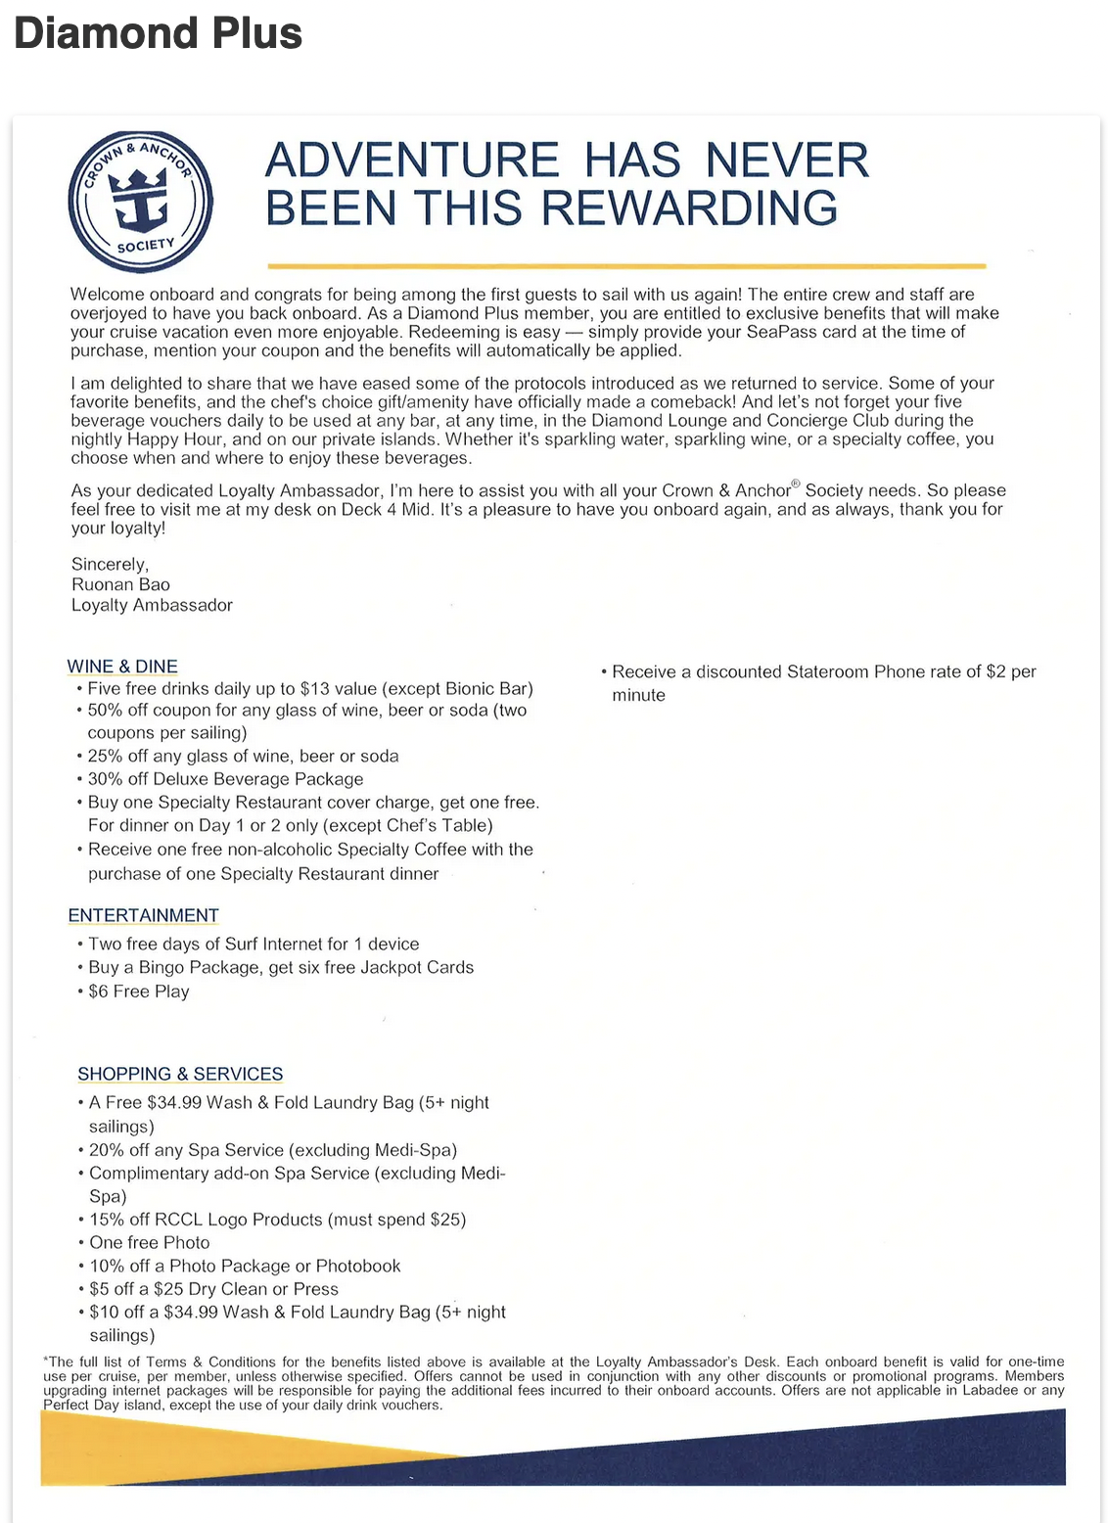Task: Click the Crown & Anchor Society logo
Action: [141, 202]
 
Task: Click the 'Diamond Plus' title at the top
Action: [158, 33]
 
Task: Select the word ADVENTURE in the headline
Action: [411, 161]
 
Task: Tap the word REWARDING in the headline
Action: [689, 208]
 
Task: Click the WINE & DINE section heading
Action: [122, 667]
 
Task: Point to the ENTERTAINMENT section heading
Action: [143, 915]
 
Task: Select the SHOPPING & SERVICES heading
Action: [180, 1074]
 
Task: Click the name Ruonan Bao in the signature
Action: [120, 584]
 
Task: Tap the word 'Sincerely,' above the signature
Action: [110, 564]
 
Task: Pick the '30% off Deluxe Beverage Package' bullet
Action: [225, 779]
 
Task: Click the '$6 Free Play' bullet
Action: [138, 992]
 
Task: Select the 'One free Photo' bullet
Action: [149, 1242]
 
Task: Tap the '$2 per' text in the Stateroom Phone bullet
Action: [1010, 671]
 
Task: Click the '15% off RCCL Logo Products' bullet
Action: [277, 1220]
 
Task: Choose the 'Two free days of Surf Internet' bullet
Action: [253, 944]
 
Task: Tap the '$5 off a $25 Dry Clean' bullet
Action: [213, 1289]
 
